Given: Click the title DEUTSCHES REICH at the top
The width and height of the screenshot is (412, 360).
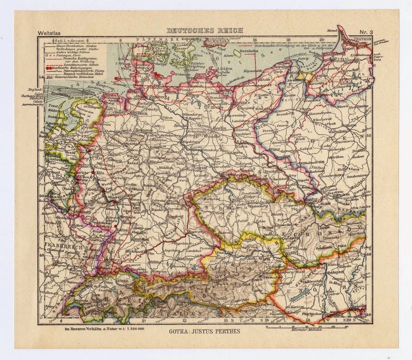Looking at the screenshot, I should click(x=205, y=30).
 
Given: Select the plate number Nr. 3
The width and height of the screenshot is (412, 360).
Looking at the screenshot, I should click(x=368, y=33).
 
